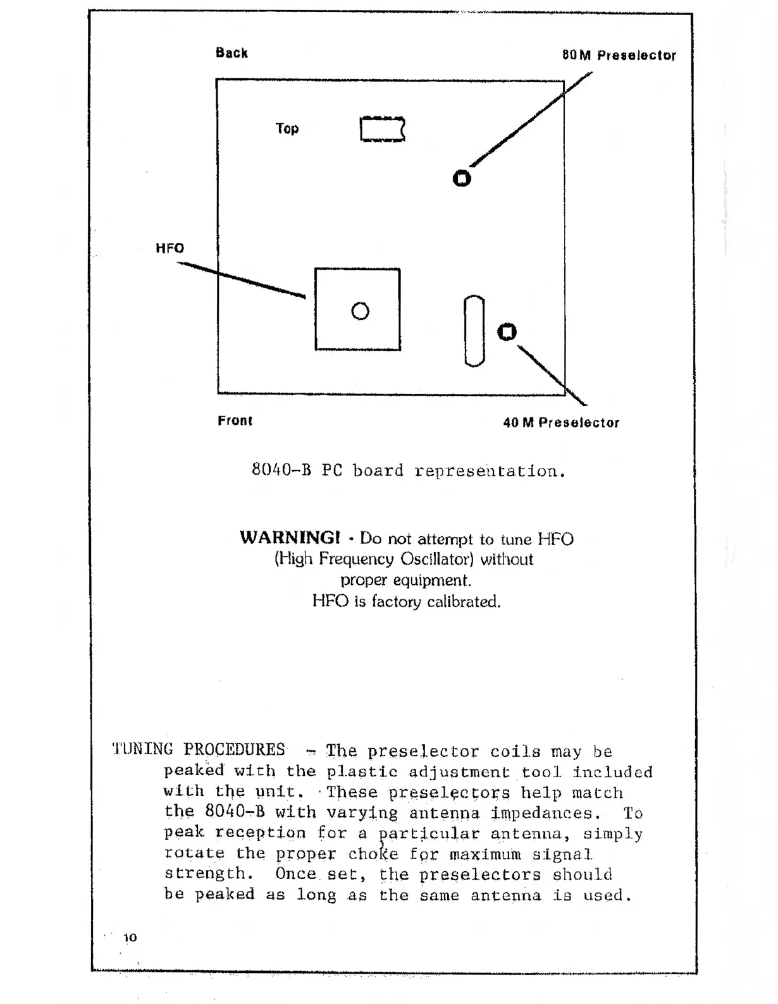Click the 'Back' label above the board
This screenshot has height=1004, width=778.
(x=232, y=53)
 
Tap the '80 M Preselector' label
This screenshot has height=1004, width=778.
(x=619, y=56)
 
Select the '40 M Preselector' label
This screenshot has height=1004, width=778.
(x=561, y=423)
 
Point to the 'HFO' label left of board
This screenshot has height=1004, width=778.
(x=170, y=248)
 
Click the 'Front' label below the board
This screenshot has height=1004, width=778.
(x=235, y=421)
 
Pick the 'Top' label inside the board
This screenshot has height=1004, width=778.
(x=287, y=129)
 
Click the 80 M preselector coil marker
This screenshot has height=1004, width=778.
(x=462, y=179)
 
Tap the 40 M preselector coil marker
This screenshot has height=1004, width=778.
(x=507, y=332)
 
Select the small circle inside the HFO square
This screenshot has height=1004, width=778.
(x=360, y=311)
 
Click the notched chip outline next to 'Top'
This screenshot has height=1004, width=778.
(x=382, y=130)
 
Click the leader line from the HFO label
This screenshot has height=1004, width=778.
(x=240, y=279)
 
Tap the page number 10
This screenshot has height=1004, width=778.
(x=130, y=938)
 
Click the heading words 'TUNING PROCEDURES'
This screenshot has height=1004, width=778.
(x=199, y=750)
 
